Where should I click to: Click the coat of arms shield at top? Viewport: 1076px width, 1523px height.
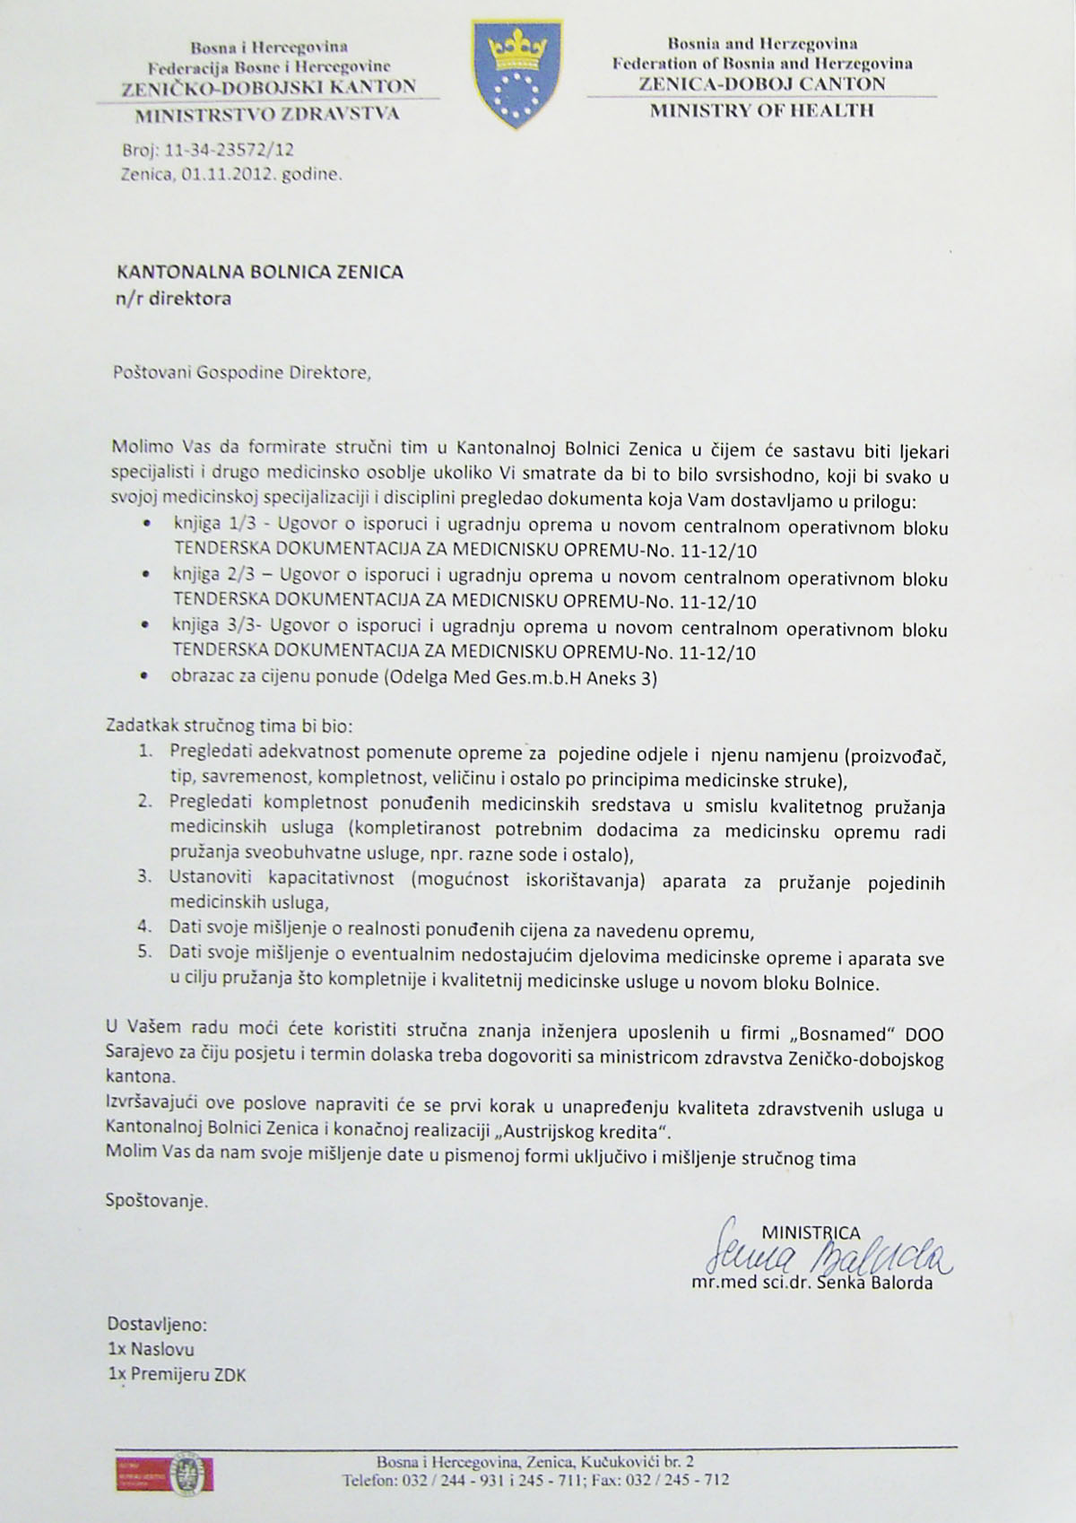[x=516, y=74]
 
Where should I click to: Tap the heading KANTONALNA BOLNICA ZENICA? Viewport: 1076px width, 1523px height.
[x=260, y=271]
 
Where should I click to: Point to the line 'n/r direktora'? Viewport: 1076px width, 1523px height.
[x=172, y=299]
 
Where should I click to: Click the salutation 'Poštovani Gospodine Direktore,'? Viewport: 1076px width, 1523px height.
[x=241, y=372]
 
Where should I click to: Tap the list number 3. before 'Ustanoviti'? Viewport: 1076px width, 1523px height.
[x=144, y=876]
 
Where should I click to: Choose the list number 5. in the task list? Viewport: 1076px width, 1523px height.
[x=144, y=952]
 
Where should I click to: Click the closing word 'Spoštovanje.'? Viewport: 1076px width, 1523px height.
[x=157, y=1200]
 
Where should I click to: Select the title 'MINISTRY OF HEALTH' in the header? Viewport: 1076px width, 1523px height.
[x=761, y=111]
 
